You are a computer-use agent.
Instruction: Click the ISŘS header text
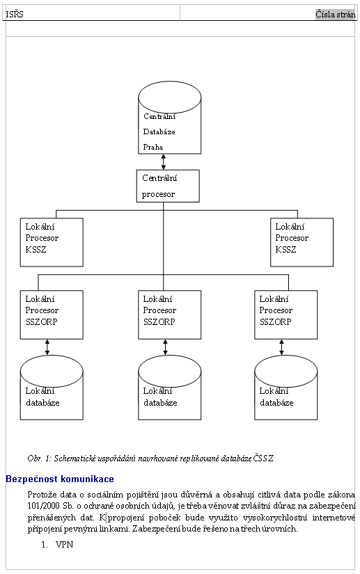(x=15, y=15)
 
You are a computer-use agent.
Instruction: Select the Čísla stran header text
(x=336, y=15)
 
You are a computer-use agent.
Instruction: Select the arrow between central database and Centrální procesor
(x=164, y=162)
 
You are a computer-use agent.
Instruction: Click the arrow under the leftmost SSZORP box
(x=47, y=347)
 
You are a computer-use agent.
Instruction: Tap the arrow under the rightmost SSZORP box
(x=281, y=347)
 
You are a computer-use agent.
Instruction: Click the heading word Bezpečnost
(x=32, y=479)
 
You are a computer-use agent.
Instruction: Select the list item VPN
(x=65, y=544)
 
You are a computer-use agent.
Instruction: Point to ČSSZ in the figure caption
(x=263, y=458)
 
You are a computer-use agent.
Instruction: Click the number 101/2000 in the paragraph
(x=43, y=506)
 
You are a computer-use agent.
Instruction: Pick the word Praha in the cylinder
(x=153, y=147)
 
